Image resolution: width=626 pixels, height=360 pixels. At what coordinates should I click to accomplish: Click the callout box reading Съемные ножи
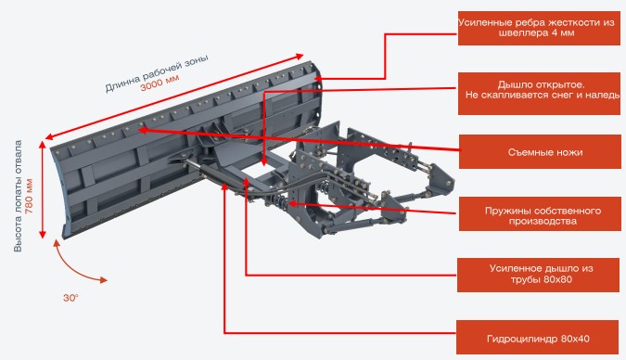[540, 152]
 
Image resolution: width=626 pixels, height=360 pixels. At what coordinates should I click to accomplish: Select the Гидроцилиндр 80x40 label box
[537, 337]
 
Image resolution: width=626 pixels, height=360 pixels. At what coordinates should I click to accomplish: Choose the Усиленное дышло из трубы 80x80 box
[538, 275]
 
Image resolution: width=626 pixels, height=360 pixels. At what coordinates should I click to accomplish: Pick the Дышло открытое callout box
[539, 94]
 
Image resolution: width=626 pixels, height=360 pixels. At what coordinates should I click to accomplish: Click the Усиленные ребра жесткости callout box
[539, 28]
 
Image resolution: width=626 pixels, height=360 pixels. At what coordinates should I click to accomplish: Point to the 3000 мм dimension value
[160, 83]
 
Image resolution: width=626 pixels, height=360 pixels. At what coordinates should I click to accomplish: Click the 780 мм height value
[29, 196]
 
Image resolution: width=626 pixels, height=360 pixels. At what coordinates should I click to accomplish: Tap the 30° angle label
[70, 298]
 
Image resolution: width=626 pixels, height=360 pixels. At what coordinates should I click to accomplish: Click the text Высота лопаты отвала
[18, 196]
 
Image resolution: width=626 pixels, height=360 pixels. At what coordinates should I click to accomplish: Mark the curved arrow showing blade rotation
[71, 268]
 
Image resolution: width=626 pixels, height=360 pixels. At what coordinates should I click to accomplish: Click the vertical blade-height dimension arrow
[43, 190]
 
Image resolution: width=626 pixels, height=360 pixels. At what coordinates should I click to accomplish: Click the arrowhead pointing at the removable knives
[142, 130]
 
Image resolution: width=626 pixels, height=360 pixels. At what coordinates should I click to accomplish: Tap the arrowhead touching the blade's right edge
[319, 79]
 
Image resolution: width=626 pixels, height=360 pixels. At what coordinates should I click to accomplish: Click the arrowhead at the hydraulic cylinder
[224, 186]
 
